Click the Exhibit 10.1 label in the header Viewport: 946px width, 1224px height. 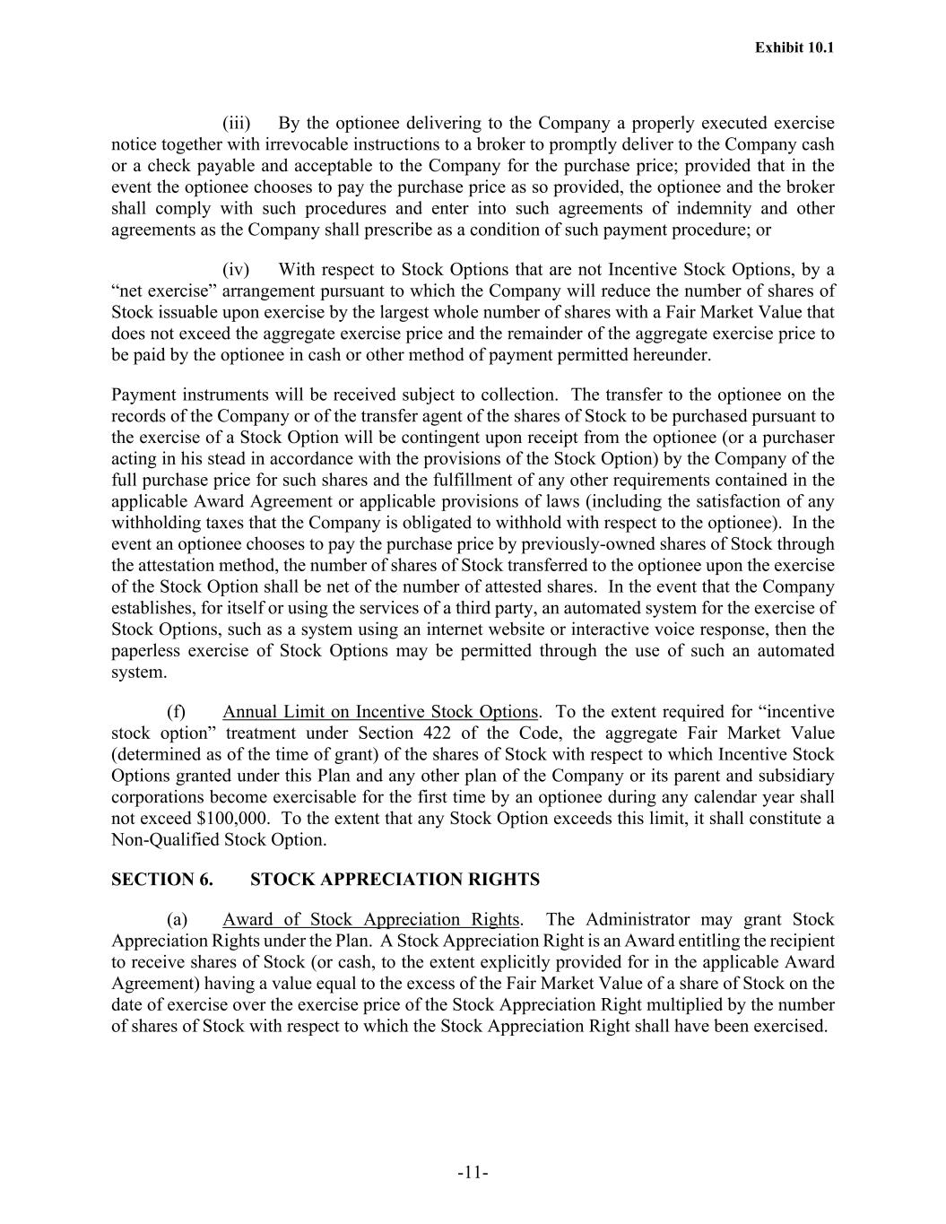click(794, 48)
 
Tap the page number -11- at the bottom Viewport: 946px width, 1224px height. click(473, 1173)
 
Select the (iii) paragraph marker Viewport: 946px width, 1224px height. click(236, 123)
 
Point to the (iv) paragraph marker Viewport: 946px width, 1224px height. click(236, 270)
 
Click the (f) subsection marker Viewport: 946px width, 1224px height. click(177, 712)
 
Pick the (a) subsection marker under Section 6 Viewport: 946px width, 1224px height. click(177, 920)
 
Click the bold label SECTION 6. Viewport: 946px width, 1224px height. click(162, 880)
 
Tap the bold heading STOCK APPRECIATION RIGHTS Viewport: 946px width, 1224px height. click(395, 880)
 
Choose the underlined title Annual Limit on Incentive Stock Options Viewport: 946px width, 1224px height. click(380, 712)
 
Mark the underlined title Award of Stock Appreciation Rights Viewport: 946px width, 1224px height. click(371, 920)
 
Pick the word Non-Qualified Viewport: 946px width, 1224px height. click(165, 840)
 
